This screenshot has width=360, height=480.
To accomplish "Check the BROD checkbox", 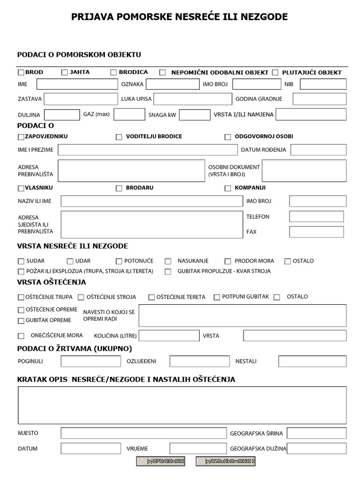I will (x=21, y=73).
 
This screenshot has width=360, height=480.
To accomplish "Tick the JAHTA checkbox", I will (x=65, y=73).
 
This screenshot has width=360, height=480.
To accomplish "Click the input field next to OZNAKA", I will (x=172, y=84).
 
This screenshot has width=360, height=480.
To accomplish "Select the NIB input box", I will (x=323, y=84).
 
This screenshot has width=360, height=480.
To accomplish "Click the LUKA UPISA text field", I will (x=193, y=99).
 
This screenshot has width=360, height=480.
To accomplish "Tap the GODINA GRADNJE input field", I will (x=320, y=99).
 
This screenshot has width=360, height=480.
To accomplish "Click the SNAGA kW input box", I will (x=195, y=115).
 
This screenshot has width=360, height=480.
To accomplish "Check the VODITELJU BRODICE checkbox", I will (x=119, y=137).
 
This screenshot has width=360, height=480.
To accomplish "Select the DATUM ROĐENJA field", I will (x=318, y=150).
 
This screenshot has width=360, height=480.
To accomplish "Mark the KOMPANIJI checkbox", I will (x=228, y=188).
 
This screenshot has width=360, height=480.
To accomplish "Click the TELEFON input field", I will (x=316, y=217).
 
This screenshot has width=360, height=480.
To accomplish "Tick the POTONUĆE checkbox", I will (x=119, y=262).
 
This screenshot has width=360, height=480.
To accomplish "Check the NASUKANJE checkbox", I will (x=168, y=262).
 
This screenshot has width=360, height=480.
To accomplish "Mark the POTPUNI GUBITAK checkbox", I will (x=217, y=297).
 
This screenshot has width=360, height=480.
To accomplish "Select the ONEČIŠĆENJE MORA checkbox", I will (x=21, y=336).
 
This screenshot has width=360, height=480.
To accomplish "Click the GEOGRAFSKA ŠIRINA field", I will (x=316, y=433).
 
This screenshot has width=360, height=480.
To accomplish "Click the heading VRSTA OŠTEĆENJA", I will (x=52, y=282).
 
